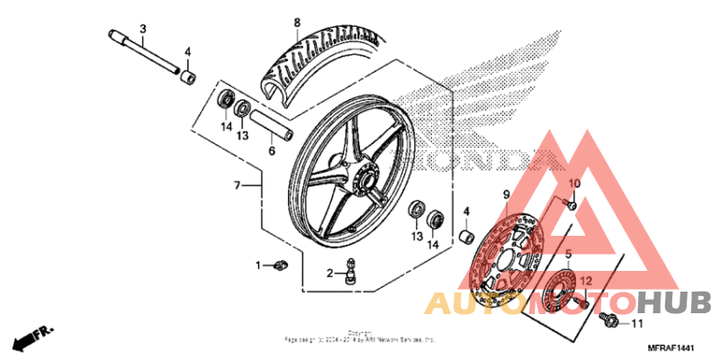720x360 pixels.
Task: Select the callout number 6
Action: [x=271, y=150]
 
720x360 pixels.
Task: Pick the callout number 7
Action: [x=237, y=186]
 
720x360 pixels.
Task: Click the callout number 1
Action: [x=257, y=265]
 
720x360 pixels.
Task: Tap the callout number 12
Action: [x=586, y=280]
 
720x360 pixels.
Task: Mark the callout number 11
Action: [x=638, y=323]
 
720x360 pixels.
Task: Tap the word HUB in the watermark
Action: [x=679, y=302]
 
